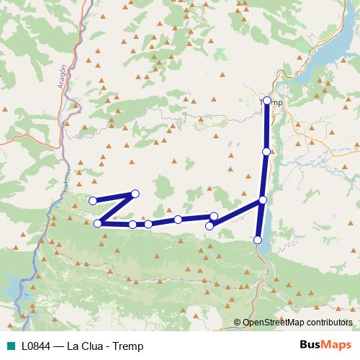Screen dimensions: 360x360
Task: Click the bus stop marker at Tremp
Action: tap(267, 101)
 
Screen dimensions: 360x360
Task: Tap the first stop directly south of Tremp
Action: tap(266, 152)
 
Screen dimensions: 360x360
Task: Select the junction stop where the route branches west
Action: tap(263, 200)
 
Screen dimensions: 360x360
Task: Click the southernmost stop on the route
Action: tap(258, 240)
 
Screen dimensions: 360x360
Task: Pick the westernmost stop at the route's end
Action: tap(92, 201)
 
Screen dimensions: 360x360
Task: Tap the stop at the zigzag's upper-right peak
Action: tap(135, 193)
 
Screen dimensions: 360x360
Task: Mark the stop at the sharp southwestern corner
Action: tap(98, 223)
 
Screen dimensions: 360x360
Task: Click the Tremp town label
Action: tap(271, 103)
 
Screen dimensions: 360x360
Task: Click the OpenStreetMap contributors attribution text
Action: tap(299, 323)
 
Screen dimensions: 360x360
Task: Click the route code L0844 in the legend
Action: tap(36, 346)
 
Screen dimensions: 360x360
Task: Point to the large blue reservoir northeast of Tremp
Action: tap(328, 54)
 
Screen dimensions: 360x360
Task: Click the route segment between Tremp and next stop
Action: tap(267, 126)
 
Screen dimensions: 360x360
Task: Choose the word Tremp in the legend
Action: tap(128, 346)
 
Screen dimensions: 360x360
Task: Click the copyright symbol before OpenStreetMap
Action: tap(238, 323)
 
